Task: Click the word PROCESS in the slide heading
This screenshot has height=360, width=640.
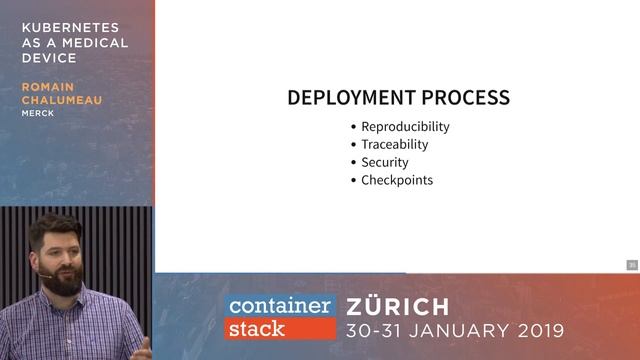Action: (x=464, y=98)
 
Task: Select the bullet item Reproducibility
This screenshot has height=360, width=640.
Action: (x=405, y=127)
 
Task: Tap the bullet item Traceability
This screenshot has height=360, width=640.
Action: (x=395, y=145)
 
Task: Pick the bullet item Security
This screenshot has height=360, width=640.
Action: (x=385, y=162)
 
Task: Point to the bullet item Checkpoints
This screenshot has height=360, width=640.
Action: (x=397, y=180)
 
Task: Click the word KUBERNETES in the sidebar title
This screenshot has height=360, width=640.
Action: (x=69, y=27)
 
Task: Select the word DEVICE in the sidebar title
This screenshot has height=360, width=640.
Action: (x=49, y=58)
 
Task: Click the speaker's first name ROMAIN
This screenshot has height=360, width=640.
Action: (x=49, y=87)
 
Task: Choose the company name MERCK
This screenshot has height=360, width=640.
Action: (x=39, y=113)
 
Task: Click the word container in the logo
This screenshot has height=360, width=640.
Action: (x=279, y=306)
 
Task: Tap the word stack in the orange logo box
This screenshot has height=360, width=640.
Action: (x=257, y=327)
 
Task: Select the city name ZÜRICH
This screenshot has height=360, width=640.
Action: (x=398, y=306)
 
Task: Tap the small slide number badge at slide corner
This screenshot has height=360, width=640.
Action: (x=632, y=265)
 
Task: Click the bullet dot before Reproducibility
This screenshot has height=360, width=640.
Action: (x=353, y=127)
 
